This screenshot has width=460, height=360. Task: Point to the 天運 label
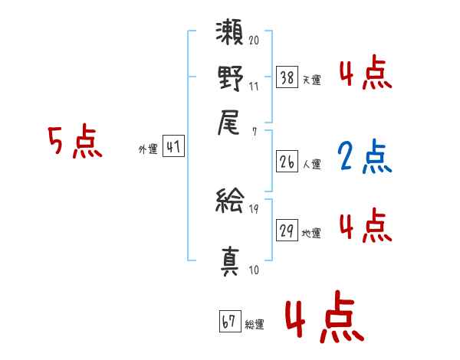312,79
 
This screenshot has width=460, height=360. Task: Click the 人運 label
312,163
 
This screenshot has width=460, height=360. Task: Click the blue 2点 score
364,157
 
